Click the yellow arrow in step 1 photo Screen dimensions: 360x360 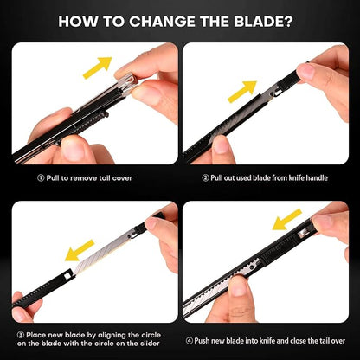pos(97,67)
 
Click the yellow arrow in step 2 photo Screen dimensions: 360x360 pos(242,92)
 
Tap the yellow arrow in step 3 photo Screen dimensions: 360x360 pos(80,250)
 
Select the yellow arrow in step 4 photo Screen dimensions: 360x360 pos(287,220)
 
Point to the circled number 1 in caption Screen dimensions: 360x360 pos(41,178)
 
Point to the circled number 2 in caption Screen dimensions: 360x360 pos(205,178)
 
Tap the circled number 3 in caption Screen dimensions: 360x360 pos(21,335)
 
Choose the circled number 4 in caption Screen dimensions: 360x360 pos(189,341)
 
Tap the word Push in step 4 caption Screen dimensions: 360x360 pos(201,341)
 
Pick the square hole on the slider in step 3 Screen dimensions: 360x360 pos(68,274)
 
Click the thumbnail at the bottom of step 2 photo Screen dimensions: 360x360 pos(222,144)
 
